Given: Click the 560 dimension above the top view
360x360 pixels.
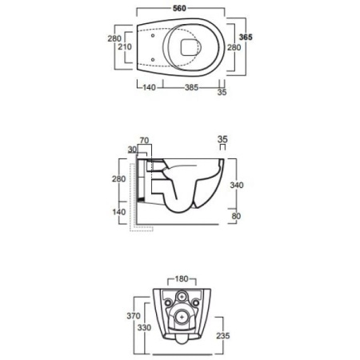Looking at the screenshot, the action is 179,8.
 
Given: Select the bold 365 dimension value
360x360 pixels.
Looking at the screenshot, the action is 246,37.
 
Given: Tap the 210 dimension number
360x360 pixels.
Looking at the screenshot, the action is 125,46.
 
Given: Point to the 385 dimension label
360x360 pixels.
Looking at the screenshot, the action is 192,87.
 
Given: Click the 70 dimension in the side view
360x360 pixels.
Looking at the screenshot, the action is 144,140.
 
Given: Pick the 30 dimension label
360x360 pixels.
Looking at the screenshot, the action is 132,150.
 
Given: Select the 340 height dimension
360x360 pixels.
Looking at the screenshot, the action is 237,185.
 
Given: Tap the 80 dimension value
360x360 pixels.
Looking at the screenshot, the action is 236,216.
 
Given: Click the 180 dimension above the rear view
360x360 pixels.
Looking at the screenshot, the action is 182,279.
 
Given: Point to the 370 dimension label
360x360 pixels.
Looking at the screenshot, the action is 134,316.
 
